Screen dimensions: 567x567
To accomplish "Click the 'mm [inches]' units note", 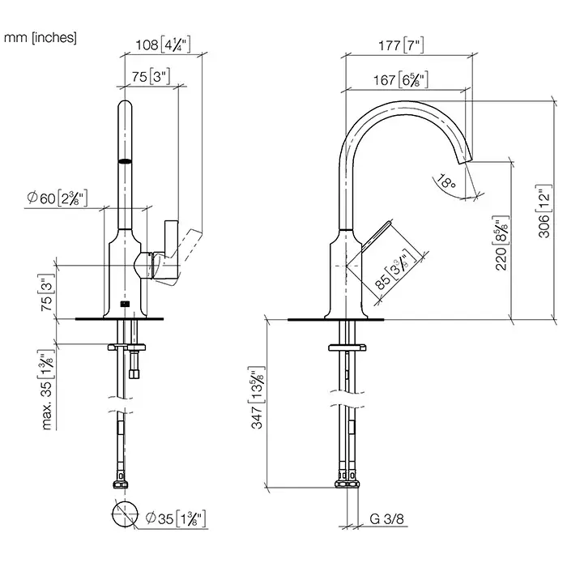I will [40, 38].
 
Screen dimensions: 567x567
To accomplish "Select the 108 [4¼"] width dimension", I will [162, 45].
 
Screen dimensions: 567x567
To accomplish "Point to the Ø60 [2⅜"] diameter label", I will [57, 197].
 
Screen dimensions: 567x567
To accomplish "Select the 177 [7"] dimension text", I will [402, 45].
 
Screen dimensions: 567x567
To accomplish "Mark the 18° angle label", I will [446, 182].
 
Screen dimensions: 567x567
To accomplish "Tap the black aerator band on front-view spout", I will [124, 161].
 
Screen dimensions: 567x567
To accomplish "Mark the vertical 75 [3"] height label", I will [48, 296].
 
